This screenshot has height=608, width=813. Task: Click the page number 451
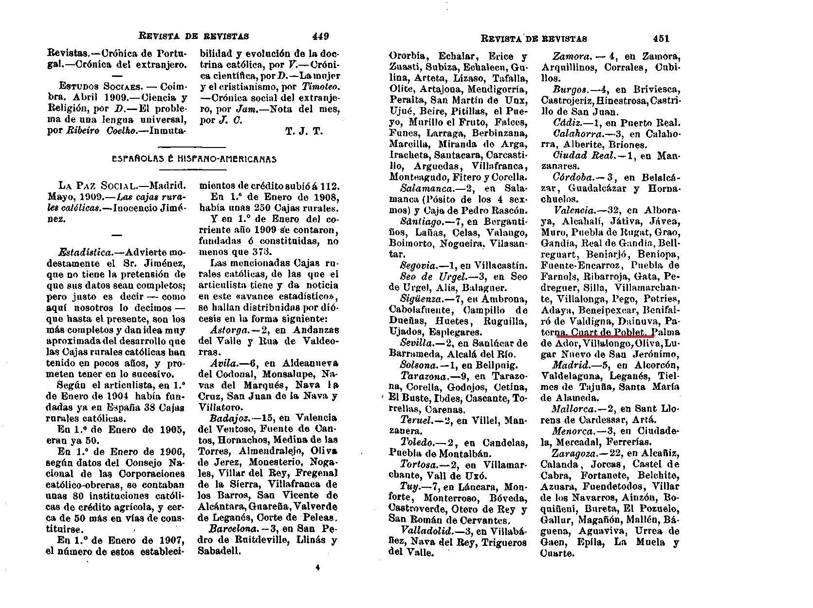click(x=662, y=38)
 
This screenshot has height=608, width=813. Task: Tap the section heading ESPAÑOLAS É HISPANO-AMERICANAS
click(x=194, y=159)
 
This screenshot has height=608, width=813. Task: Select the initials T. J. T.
click(x=303, y=131)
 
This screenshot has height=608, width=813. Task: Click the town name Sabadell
click(x=219, y=551)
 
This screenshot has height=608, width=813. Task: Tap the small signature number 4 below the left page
click(x=317, y=567)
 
